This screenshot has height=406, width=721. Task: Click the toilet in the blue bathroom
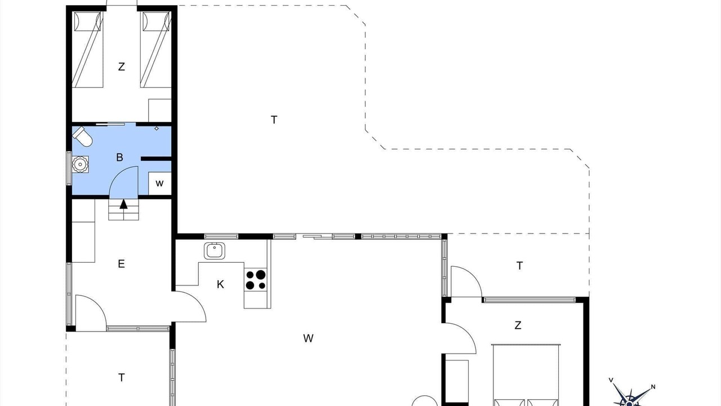pos(82,136)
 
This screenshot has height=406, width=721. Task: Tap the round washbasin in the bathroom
pos(79,164)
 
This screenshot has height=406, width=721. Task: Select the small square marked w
pos(159,183)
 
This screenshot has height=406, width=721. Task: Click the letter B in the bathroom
pos(119,157)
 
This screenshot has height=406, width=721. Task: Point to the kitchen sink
pos(215,251)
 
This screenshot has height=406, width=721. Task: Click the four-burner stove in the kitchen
pos(256,280)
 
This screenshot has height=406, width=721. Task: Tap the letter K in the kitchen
pos(220,284)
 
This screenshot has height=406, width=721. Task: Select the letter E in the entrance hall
pos(121,264)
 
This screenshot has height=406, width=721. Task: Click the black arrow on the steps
pos(123,204)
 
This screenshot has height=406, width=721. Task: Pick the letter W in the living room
pos(308,338)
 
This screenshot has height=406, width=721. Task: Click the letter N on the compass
pos(653,387)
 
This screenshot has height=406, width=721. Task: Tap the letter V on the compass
pos(611,380)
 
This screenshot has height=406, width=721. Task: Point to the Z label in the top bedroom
pos(121,67)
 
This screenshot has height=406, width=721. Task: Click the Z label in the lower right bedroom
pos(518,325)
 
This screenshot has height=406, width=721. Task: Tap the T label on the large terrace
pos(274,120)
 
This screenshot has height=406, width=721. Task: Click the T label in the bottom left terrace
pos(121,377)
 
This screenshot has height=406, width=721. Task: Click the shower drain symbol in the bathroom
pos(157,129)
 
